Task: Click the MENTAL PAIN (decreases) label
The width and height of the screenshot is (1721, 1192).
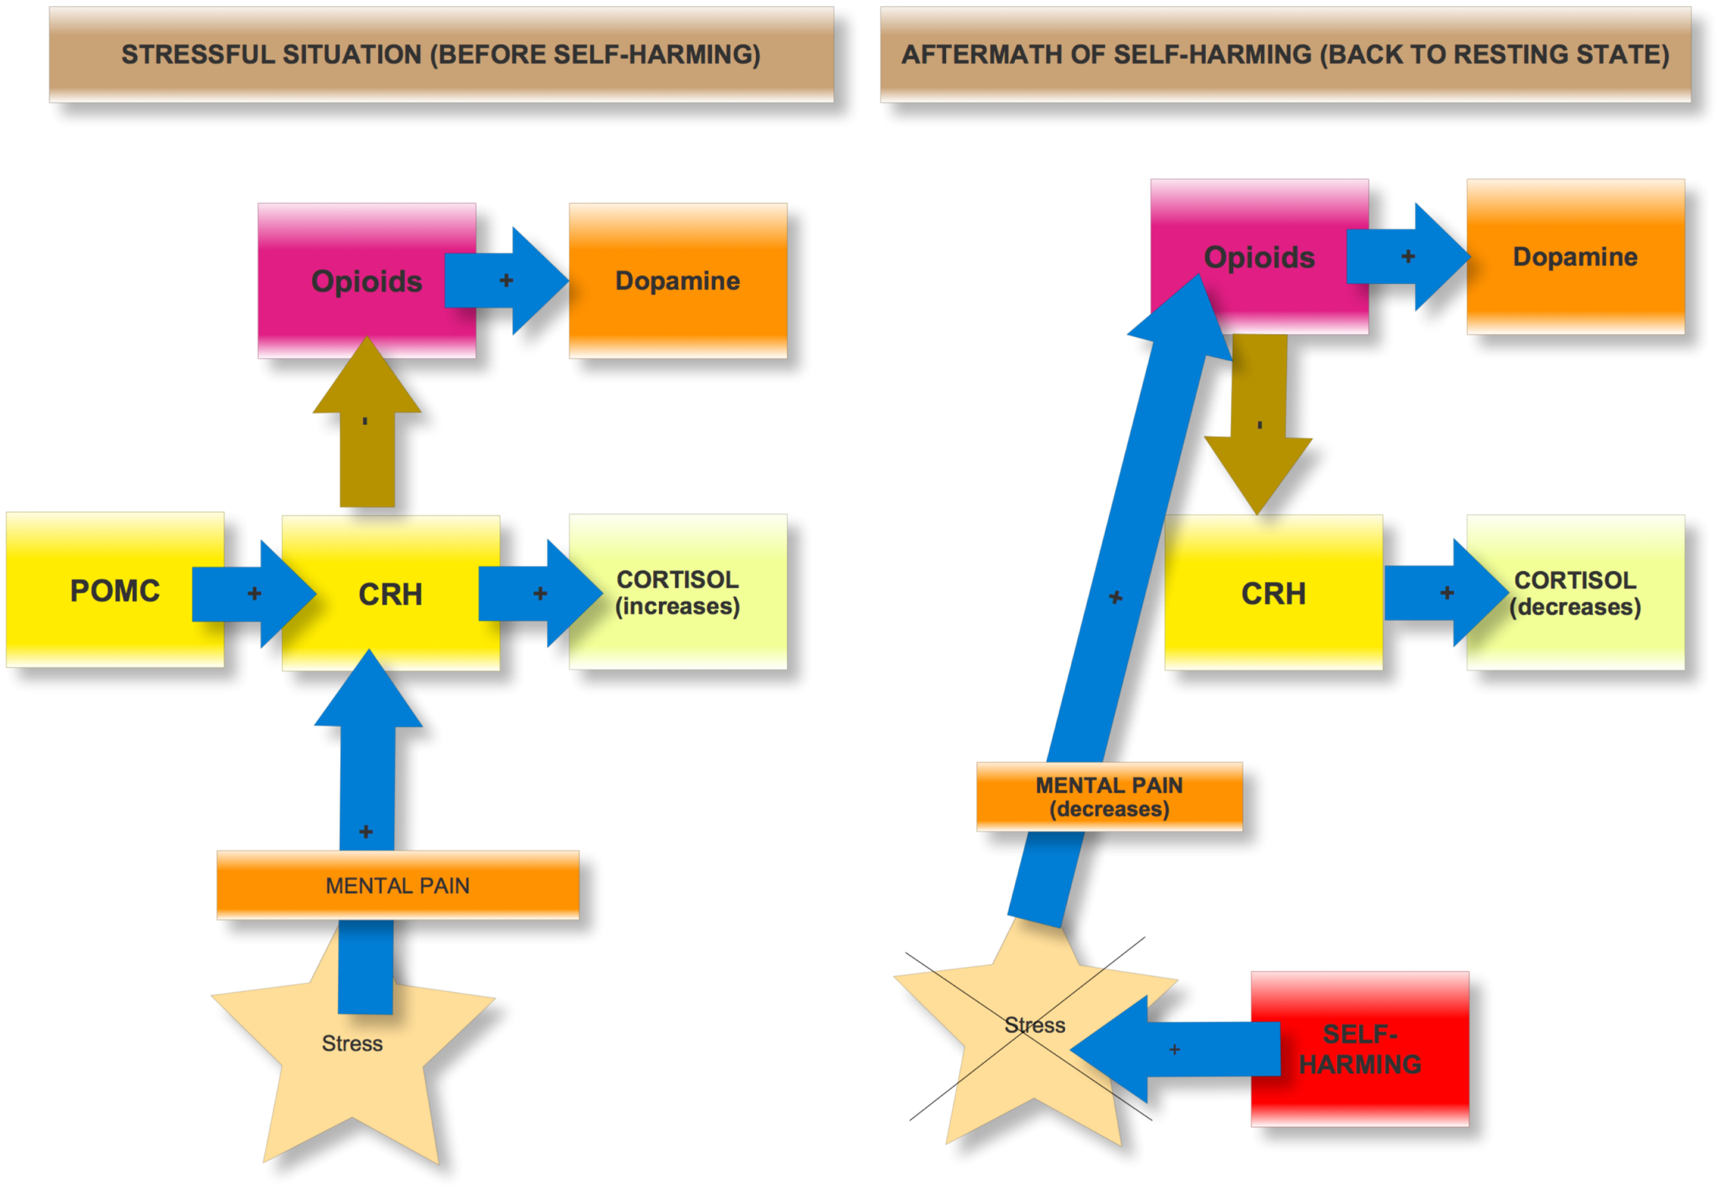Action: pos(1109,797)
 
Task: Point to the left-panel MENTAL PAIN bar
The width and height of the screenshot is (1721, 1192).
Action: pos(398,885)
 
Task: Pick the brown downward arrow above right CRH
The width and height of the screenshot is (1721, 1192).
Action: pos(1259,426)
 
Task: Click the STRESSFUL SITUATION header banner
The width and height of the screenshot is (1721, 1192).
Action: pos(441,54)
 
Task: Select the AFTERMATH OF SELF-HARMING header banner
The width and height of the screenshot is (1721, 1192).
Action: pos(1285,54)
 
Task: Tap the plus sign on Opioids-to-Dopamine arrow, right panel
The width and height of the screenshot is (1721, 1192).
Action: pos(1408,256)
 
